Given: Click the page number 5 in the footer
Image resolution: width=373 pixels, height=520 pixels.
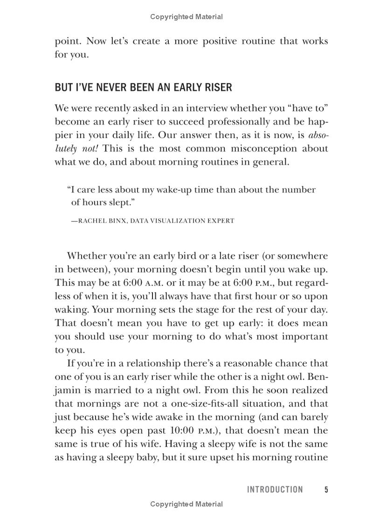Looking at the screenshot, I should point(326,489).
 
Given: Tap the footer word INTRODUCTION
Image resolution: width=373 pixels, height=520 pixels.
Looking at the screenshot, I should point(275,489).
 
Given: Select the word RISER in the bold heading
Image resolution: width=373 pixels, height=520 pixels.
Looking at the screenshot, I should point(217,88).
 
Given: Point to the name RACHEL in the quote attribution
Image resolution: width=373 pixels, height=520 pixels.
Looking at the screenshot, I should point(92,221).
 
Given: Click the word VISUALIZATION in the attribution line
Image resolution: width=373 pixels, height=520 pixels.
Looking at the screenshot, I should point(174,221).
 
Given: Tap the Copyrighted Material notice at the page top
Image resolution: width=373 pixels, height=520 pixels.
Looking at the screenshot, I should point(186,17).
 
